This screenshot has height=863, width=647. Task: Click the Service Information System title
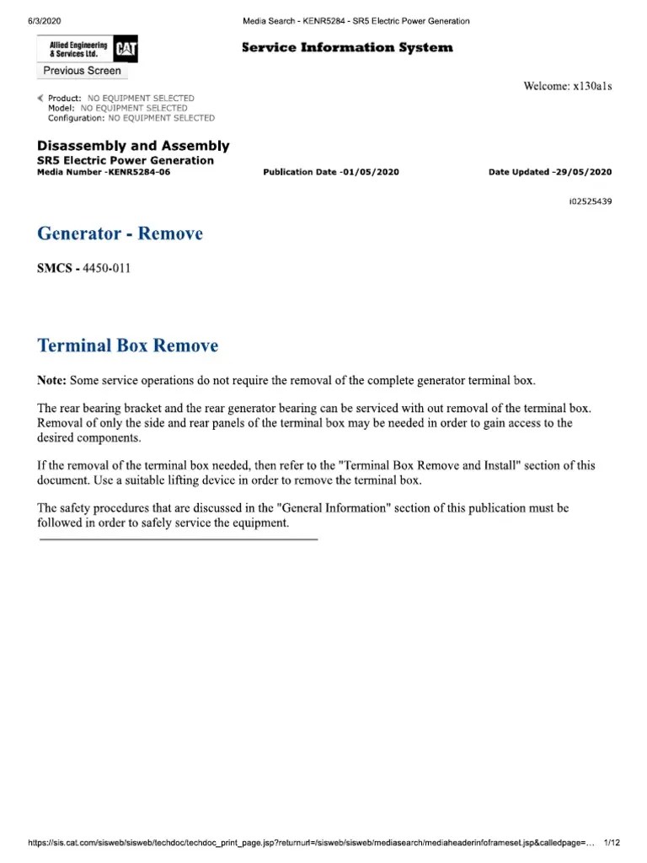347,48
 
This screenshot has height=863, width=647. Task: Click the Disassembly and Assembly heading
133,146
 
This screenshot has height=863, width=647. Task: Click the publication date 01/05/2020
369,172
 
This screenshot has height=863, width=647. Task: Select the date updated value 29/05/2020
583,172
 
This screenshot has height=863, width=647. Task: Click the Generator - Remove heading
120,233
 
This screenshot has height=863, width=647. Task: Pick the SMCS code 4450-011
105,269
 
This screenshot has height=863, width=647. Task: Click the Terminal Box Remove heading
128,346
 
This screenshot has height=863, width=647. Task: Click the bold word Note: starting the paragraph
52,380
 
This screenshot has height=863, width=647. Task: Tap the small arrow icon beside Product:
41,99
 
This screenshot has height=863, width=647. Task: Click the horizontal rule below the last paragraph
179,539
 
